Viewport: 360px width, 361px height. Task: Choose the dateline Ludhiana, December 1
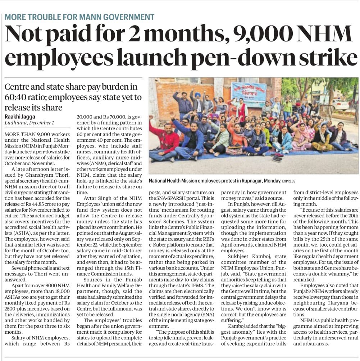(29, 123)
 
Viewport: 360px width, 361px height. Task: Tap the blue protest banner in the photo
(249, 94)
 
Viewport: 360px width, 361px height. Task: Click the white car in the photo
(340, 104)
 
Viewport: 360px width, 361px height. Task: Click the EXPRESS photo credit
(289, 181)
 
